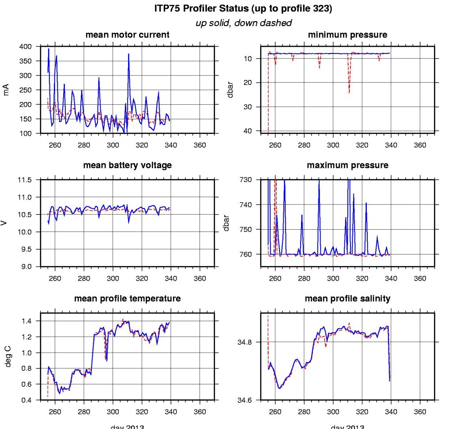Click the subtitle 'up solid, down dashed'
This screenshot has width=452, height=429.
[x=243, y=23]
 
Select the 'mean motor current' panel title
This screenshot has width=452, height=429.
[x=127, y=34]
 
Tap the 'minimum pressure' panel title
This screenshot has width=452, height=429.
[x=348, y=34]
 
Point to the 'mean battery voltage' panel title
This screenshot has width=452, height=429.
[x=127, y=165]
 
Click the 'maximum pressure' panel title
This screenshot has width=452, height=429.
[x=348, y=165]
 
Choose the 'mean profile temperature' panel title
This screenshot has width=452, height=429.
[x=127, y=299]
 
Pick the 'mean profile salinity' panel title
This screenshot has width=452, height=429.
[x=348, y=299]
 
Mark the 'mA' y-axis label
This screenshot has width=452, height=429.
[x=6, y=90]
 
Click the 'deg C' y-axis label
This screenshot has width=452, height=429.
[x=6, y=357]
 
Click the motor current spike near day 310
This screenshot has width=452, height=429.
[x=128, y=54]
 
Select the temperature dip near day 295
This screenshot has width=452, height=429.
[x=106, y=360]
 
